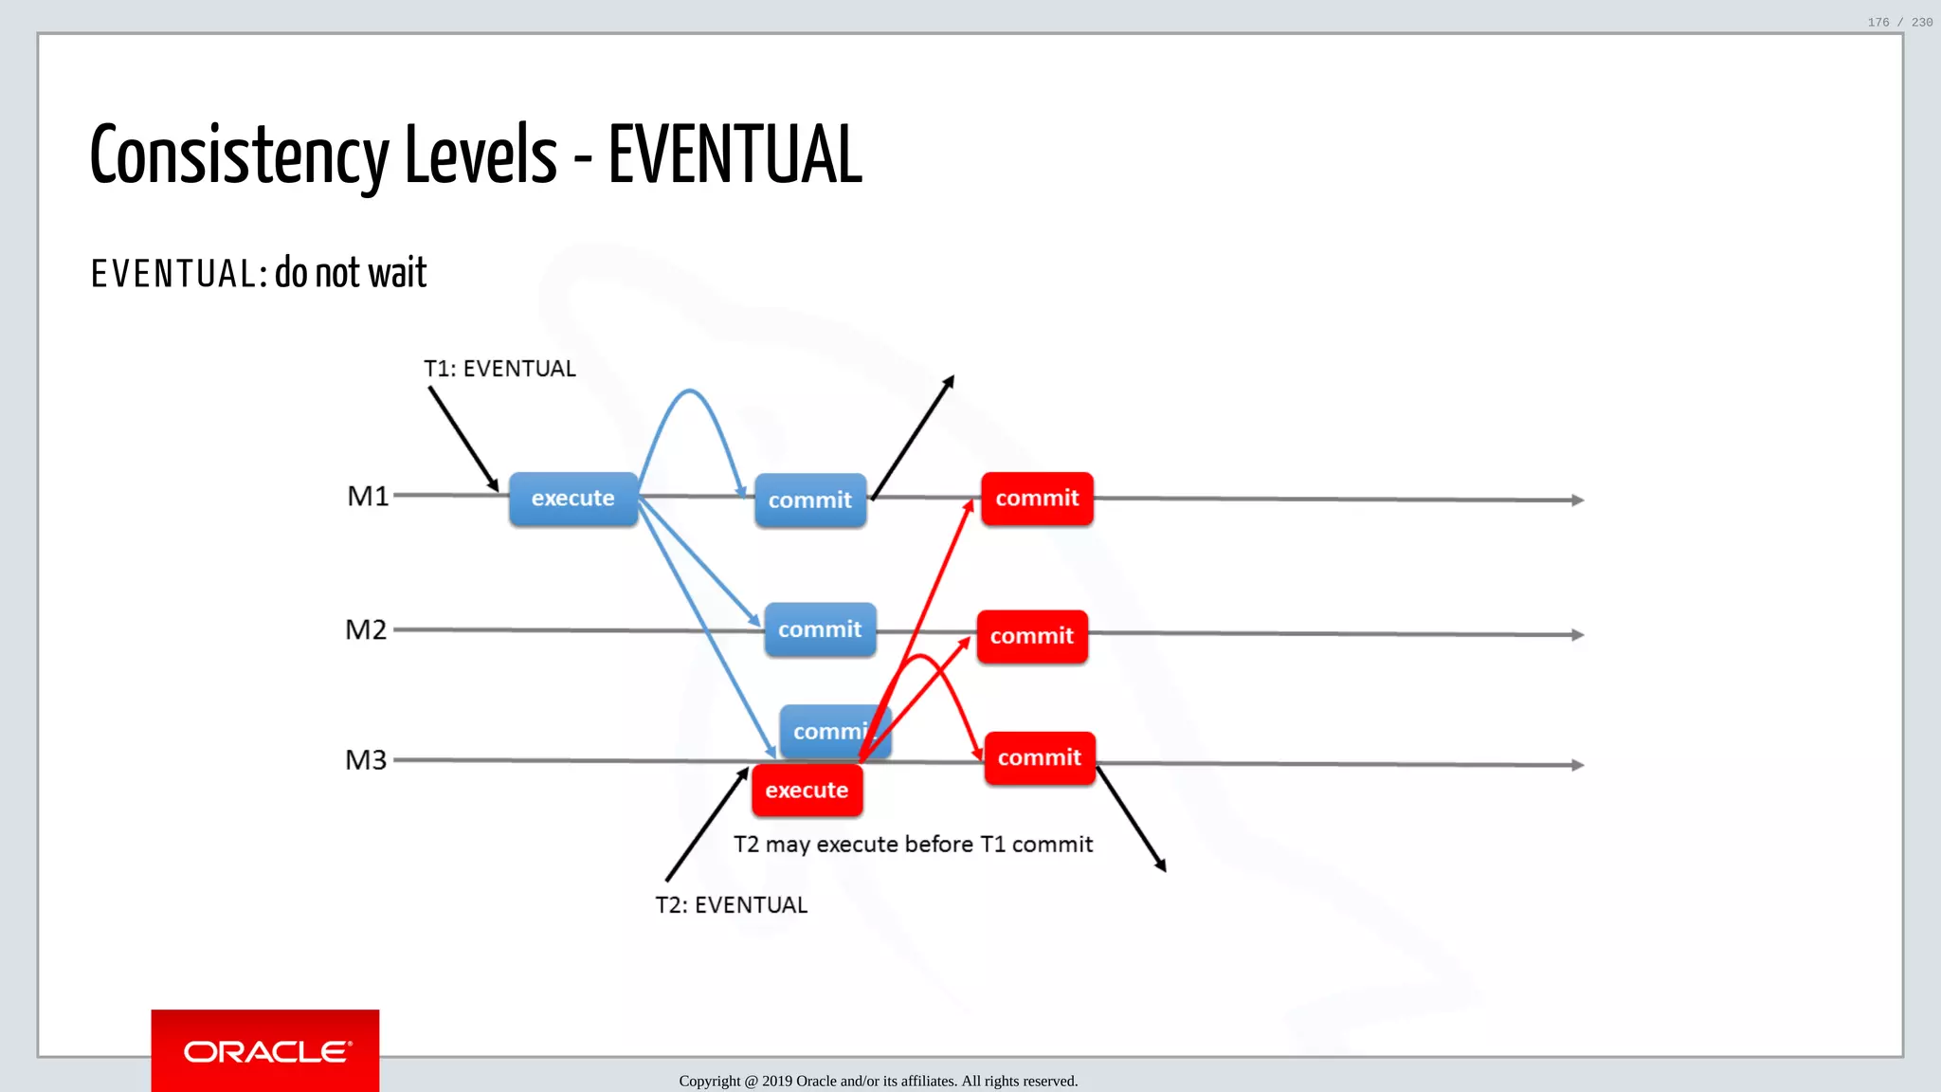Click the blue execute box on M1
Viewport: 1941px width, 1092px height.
(572, 499)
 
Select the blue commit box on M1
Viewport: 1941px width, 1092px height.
(809, 500)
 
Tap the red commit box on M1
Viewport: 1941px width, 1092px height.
(1037, 499)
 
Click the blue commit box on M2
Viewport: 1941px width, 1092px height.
(820, 629)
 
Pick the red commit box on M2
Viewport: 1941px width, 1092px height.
(1032, 636)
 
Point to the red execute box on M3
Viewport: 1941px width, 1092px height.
(807, 791)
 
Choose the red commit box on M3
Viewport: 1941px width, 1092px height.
(1039, 757)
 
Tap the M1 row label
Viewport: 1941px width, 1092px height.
(368, 496)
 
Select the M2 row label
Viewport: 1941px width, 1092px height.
(366, 629)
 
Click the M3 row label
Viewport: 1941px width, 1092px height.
(366, 759)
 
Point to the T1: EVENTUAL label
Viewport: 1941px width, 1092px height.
(499, 369)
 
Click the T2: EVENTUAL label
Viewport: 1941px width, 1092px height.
(731, 905)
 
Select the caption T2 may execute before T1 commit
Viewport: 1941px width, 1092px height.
(913, 845)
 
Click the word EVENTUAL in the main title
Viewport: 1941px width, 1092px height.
(735, 155)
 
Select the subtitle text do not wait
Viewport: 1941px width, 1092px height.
(351, 273)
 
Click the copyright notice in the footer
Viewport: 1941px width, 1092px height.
(878, 1081)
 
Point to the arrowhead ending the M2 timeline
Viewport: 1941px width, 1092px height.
(1577, 635)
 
